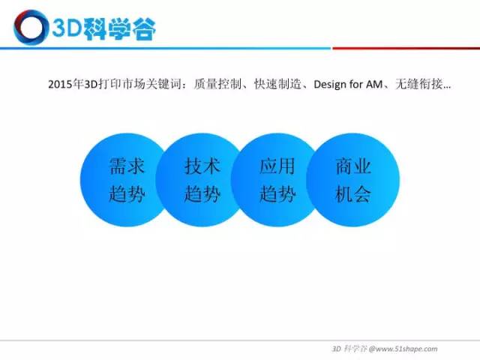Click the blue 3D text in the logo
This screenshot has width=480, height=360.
pos(67,28)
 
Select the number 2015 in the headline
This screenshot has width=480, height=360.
pos(61,84)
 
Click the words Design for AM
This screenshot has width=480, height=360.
pos(348,84)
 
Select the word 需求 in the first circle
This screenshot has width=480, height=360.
pos(127,166)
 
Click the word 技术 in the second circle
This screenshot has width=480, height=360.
pos(202,166)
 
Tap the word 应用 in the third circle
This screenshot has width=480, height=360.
pos(277,166)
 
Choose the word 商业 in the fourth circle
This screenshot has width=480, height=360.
pos(353,166)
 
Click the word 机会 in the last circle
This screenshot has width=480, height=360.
pos(353,193)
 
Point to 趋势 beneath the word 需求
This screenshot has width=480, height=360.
pos(127,193)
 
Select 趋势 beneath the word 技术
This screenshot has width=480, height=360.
pos(202,193)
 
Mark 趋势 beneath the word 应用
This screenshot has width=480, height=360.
pos(277,193)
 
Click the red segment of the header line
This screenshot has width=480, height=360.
pos(406,48)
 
